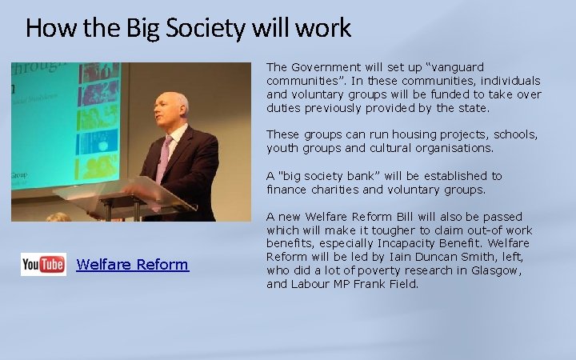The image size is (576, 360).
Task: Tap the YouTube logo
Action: (43, 264)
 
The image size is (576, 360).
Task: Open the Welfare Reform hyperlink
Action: (132, 265)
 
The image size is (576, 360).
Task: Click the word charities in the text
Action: (340, 190)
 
